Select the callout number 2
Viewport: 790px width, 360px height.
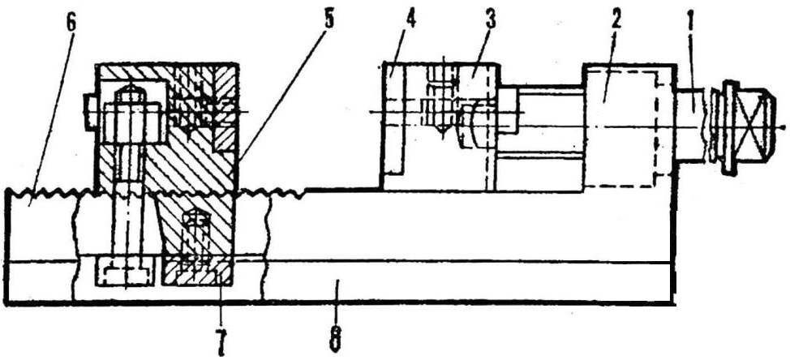(x=616, y=22)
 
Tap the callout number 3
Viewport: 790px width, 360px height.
(x=490, y=19)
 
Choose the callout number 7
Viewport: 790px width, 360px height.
(x=221, y=343)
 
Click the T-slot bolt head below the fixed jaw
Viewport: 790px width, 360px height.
(x=124, y=272)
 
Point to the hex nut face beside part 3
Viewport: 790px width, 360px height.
(x=507, y=111)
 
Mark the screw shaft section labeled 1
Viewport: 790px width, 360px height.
(x=691, y=126)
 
